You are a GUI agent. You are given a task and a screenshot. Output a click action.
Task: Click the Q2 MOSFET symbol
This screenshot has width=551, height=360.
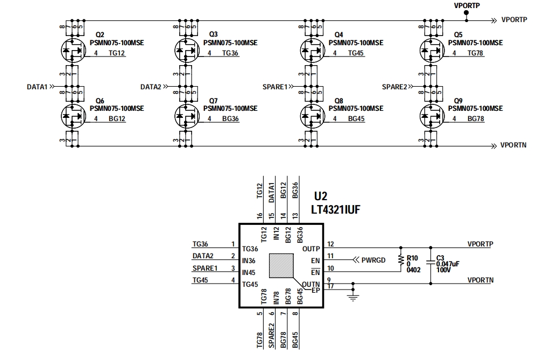[71, 51]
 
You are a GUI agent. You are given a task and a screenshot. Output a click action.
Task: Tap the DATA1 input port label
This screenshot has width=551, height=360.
[38, 86]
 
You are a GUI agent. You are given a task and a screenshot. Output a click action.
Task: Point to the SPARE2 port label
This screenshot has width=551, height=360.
[394, 86]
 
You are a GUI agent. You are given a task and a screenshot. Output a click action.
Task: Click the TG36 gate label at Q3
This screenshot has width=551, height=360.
[230, 53]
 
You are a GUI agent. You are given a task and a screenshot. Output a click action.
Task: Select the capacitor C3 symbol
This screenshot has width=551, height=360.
[430, 262]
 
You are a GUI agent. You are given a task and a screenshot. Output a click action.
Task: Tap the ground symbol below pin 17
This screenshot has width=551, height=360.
[353, 297]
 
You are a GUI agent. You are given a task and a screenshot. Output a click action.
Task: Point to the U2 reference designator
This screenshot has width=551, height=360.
[321, 197]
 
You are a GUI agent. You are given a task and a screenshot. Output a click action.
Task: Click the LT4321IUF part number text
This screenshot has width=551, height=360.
[335, 209]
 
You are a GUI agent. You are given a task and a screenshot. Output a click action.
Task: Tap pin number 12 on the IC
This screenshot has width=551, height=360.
[331, 244]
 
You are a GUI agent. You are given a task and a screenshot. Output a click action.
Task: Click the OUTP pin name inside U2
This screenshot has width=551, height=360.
[311, 249]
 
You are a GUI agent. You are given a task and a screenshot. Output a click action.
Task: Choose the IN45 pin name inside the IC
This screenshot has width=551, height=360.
[249, 272]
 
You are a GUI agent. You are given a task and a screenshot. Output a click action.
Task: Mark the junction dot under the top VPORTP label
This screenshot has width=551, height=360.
[466, 20]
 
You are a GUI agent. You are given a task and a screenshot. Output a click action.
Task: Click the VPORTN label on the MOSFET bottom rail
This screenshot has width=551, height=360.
[513, 145]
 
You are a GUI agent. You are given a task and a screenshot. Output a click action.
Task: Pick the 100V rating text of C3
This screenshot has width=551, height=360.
[443, 270]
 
